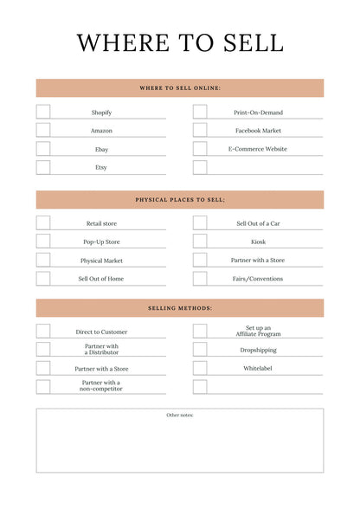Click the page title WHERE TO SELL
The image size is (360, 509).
click(180, 42)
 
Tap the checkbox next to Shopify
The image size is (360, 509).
click(43, 112)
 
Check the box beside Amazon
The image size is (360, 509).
click(43, 130)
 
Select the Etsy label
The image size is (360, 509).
click(101, 167)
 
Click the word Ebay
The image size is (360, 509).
click(101, 149)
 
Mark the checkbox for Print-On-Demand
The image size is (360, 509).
click(200, 112)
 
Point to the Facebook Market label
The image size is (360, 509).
click(259, 131)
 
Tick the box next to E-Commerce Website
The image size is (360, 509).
click(200, 149)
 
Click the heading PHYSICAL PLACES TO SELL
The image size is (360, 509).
click(180, 200)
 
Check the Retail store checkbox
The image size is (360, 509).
click(43, 222)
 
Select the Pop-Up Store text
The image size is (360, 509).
click(101, 242)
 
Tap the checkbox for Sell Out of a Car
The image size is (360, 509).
click(200, 222)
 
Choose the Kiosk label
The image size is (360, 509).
click(259, 242)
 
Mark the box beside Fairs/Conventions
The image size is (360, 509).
click(200, 279)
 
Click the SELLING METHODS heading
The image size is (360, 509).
click(180, 308)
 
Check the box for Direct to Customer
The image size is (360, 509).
click(43, 331)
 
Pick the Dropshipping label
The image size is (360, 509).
click(259, 350)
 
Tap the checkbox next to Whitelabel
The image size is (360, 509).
click(200, 368)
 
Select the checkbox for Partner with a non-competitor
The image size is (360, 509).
click(43, 386)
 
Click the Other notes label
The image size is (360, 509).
click(180, 416)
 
